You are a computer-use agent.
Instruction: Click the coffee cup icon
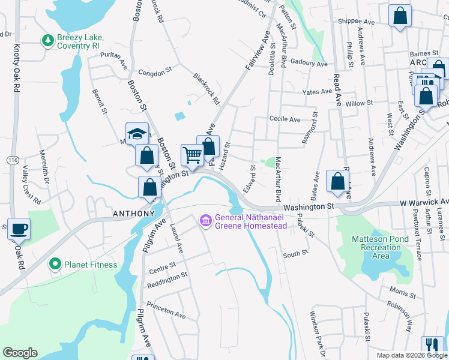(18, 229)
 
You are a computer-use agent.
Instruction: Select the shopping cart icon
(192, 155)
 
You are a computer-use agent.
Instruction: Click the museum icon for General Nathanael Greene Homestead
(206, 221)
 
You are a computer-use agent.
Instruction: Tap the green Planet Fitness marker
(55, 264)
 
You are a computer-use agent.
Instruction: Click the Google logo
(20, 353)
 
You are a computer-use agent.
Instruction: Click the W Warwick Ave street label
(424, 202)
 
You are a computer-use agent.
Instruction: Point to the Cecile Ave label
(285, 119)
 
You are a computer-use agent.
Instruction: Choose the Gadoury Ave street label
(308, 63)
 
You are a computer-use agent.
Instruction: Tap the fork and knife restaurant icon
(432, 346)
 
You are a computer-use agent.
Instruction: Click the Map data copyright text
(411, 355)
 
